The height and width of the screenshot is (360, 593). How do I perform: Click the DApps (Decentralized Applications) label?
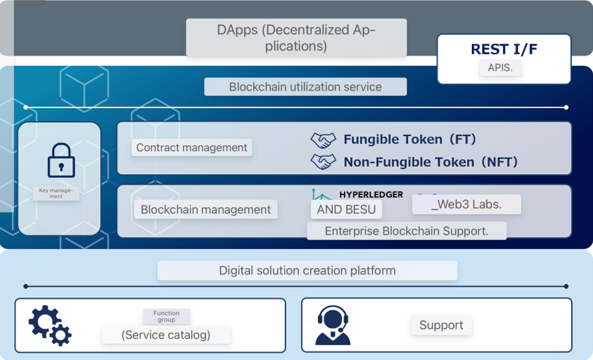[x=296, y=38]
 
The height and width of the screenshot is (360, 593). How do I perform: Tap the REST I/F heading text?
[x=504, y=49]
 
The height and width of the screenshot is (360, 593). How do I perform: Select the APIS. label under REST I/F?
[x=500, y=68]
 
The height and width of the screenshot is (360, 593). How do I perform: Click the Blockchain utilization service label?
[x=305, y=87]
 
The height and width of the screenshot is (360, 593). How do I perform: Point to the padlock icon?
[x=61, y=160]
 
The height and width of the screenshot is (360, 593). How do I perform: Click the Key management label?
[x=56, y=193]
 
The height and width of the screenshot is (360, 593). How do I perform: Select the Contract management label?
[x=192, y=148]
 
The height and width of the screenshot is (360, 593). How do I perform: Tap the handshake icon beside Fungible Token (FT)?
[x=323, y=139]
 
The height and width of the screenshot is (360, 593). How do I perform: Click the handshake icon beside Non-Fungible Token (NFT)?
[x=323, y=162]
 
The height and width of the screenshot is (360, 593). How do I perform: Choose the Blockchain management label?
[x=206, y=210]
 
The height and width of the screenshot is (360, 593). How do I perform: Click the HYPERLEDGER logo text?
[x=371, y=194]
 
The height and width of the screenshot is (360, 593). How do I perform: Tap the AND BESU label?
[x=346, y=210]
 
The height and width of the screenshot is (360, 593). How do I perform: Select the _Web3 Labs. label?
[x=466, y=204]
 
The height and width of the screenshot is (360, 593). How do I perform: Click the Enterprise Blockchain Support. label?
[x=407, y=231]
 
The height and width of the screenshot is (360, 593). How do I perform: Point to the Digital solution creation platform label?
[x=307, y=270]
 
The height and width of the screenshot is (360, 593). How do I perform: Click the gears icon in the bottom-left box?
[x=50, y=325]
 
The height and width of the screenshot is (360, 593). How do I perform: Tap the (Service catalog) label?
[x=166, y=335]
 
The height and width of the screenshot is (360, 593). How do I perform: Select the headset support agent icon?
[x=332, y=325]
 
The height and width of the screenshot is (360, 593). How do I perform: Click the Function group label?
[x=166, y=316]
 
